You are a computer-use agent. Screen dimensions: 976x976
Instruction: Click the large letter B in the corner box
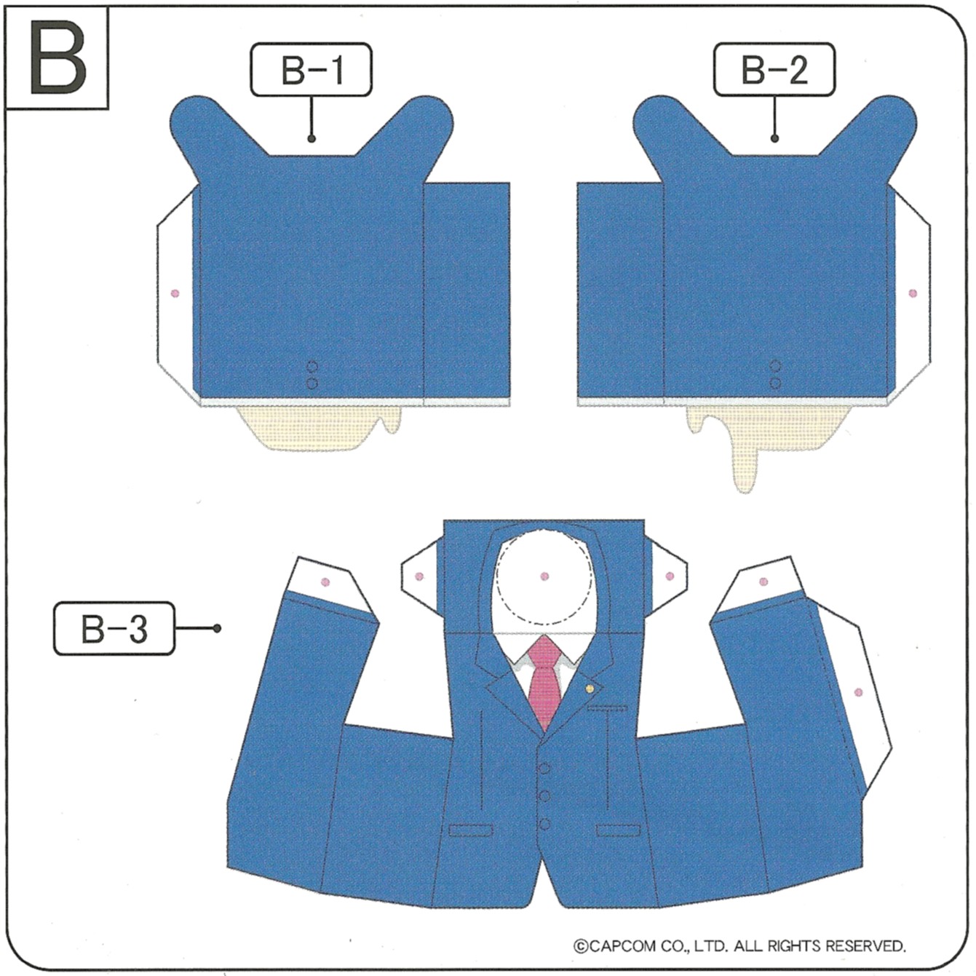point(57,57)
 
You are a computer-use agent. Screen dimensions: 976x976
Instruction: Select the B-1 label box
point(311,69)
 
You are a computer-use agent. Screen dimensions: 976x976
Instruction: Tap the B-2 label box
point(774,69)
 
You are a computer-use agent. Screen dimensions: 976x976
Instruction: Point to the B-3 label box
point(114,629)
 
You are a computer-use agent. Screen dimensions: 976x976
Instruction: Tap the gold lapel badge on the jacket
point(589,689)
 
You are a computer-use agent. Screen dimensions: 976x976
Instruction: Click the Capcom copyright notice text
point(739,945)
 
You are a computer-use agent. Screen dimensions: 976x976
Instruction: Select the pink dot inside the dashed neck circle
point(544,576)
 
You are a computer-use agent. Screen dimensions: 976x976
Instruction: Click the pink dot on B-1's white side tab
point(175,293)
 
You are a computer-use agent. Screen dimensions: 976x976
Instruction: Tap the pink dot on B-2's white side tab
point(913,293)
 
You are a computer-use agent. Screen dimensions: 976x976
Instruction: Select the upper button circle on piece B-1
point(312,366)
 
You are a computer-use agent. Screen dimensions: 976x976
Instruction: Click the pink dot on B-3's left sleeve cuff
point(325,582)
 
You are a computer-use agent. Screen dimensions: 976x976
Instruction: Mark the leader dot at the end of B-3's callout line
point(218,629)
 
